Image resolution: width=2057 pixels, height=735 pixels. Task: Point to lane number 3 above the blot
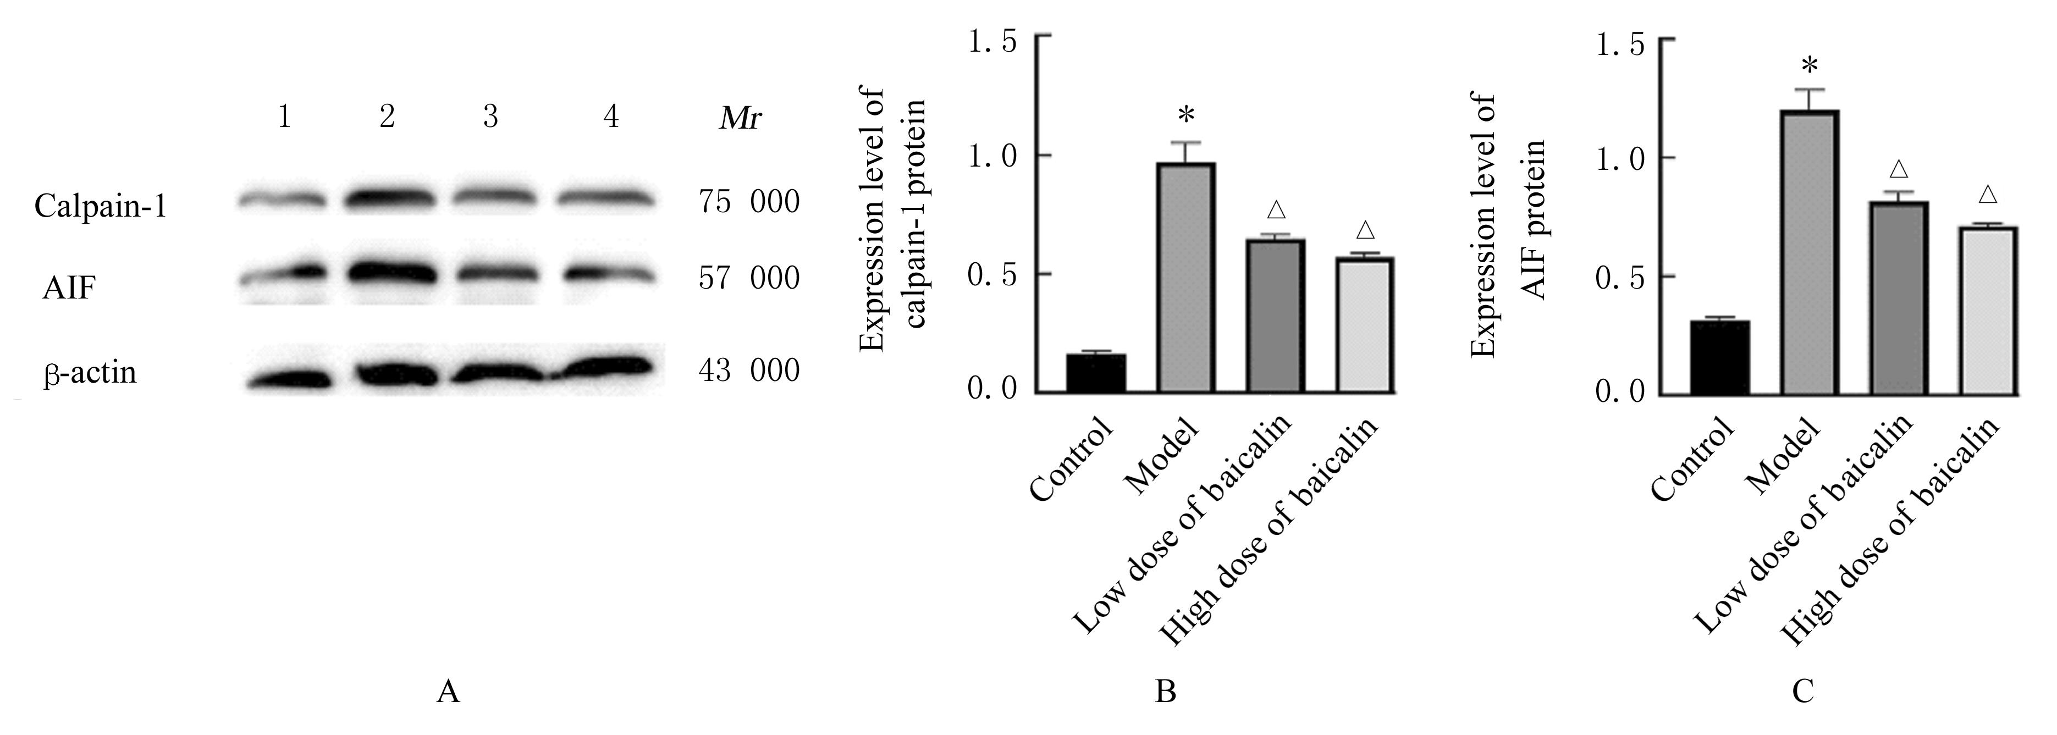(490, 118)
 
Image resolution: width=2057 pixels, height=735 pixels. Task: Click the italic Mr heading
(740, 119)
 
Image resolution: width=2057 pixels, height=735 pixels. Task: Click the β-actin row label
(90, 373)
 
